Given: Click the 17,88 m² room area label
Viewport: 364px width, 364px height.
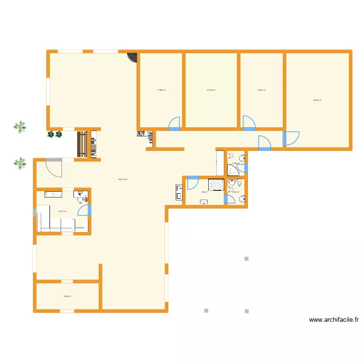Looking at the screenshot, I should pyautogui.click(x=161, y=90).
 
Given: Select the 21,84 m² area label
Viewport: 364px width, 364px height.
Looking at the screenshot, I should pyautogui.click(x=211, y=90).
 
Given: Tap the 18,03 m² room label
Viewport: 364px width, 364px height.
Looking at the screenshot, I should pyautogui.click(x=261, y=90).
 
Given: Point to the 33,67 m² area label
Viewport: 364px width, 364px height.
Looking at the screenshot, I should pyautogui.click(x=317, y=100).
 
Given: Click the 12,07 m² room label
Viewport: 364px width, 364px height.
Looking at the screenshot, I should pyautogui.click(x=62, y=211).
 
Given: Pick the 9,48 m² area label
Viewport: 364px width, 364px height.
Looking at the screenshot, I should pyautogui.click(x=67, y=297).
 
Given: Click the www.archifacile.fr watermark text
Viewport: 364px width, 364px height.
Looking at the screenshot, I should pyautogui.click(x=334, y=320).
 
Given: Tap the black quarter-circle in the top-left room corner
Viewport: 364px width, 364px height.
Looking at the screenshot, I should pyautogui.click(x=132, y=58).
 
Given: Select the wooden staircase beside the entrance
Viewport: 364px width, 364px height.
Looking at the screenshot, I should pyautogui.click(x=82, y=144).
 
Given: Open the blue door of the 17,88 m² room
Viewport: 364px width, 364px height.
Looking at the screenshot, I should pyautogui.click(x=174, y=124).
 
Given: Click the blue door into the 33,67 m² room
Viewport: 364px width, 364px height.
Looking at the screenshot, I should pyautogui.click(x=291, y=139).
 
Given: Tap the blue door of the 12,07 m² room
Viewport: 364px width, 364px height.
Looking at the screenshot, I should pyautogui.click(x=84, y=210).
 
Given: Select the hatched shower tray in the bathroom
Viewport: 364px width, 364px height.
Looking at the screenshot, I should pyautogui.click(x=216, y=185).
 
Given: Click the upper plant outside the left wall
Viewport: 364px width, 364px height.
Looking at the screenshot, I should pyautogui.click(x=19, y=127).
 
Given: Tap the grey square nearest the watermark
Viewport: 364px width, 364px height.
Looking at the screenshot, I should pyautogui.click(x=247, y=311).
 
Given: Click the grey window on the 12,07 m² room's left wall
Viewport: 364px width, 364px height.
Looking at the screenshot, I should pyautogui.click(x=34, y=214).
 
